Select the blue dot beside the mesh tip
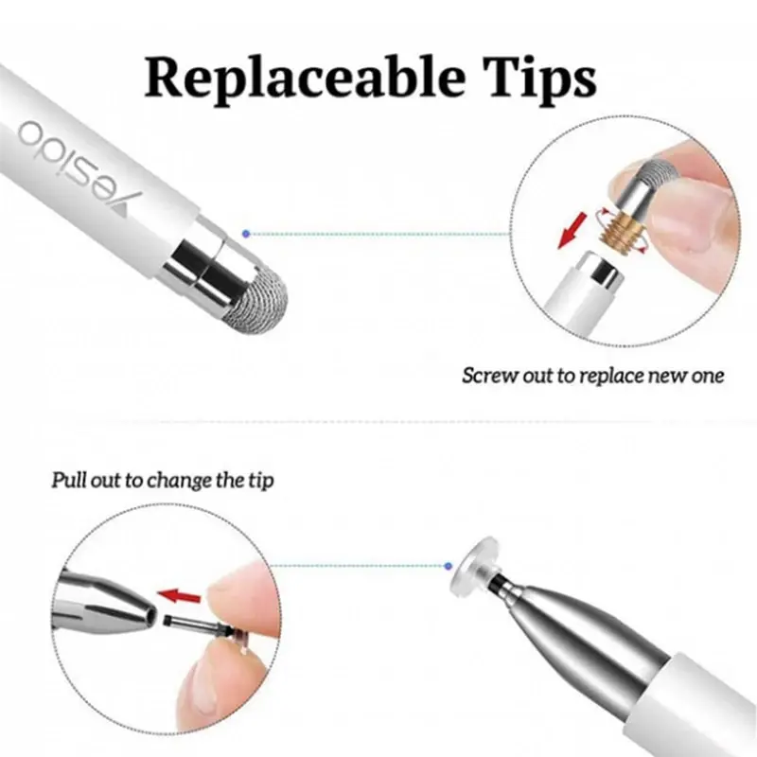coord(246,234)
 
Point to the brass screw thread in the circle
coord(622,229)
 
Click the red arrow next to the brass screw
coord(572,231)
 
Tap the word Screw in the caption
coord(490,376)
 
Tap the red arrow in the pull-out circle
coord(180,596)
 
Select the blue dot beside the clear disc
coord(449,566)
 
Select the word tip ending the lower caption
coord(261,481)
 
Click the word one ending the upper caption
coord(708,376)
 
